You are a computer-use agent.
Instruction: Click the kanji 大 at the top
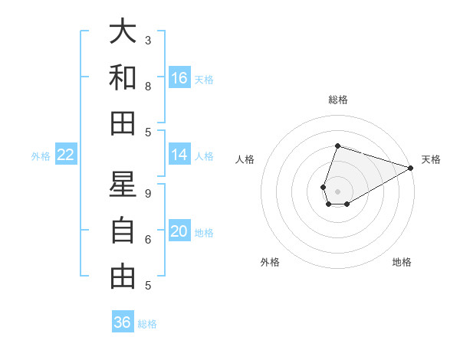[x=123, y=31]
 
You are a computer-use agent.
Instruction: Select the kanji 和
[x=123, y=77]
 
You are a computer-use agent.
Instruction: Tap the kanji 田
[x=123, y=122]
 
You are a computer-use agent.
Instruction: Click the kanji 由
[x=123, y=276]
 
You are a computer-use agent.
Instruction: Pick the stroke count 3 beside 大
[x=148, y=40]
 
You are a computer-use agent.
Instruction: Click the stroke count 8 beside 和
[x=148, y=86]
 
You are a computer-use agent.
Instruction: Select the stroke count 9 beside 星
[x=148, y=194]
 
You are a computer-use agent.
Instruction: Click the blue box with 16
[x=179, y=78]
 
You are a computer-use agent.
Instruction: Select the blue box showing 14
[x=179, y=155]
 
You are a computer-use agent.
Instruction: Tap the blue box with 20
[x=179, y=232]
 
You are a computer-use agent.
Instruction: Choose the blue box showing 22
[x=66, y=155]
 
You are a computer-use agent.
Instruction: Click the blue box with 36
[x=123, y=322]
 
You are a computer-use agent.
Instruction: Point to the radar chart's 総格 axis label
[x=337, y=100]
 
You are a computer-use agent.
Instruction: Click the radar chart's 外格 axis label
[x=270, y=262]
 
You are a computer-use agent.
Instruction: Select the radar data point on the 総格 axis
[x=337, y=146]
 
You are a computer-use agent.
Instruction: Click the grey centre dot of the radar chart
[x=337, y=190]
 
